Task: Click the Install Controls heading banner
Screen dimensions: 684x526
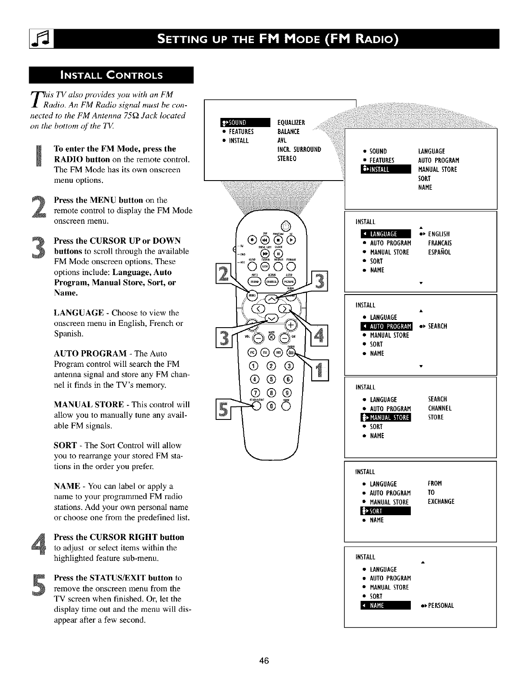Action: click(x=111, y=75)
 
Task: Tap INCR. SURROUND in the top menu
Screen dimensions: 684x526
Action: click(x=299, y=149)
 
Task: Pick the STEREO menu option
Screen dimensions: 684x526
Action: click(x=286, y=158)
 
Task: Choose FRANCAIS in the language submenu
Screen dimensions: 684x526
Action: click(x=439, y=243)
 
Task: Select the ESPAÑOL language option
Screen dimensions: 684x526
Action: click(x=439, y=252)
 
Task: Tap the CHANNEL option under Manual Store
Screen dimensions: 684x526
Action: click(x=439, y=408)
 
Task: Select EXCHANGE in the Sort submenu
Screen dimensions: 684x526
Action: click(x=441, y=501)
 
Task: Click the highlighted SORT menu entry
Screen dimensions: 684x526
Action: click(x=385, y=511)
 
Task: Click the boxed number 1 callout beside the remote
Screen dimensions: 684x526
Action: click(x=321, y=370)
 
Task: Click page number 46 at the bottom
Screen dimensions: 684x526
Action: click(x=264, y=661)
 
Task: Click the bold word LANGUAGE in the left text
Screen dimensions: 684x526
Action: click(x=79, y=313)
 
